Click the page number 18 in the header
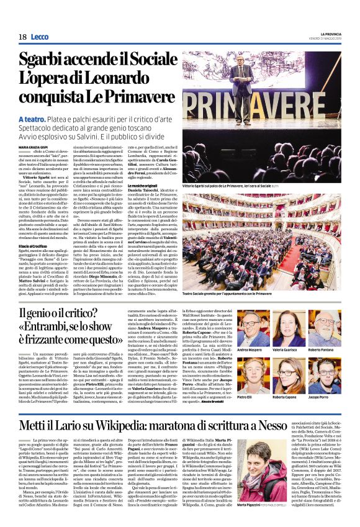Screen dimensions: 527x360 (x=22, y=37)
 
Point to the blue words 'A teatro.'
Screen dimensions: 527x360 (x=32, y=119)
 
